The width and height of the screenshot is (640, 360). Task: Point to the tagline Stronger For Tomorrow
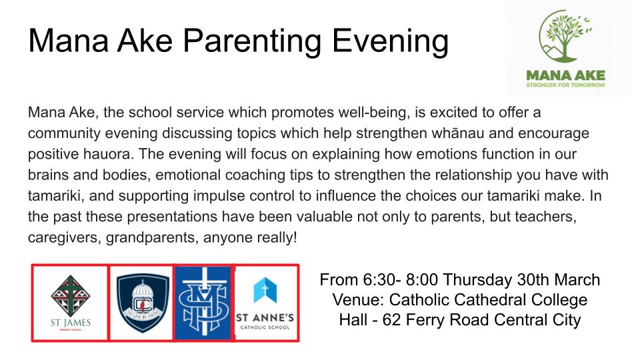(566, 85)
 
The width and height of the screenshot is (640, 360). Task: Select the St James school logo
(70, 303)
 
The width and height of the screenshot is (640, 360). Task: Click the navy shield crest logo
(143, 303)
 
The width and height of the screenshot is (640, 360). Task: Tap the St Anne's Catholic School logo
(265, 303)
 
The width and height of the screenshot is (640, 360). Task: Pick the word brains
(48, 175)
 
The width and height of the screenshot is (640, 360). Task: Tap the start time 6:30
(378, 279)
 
